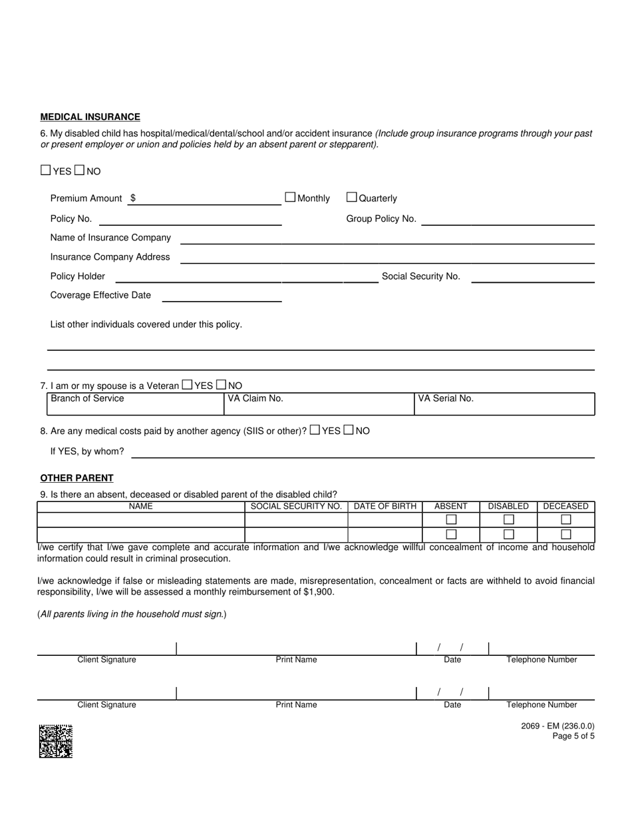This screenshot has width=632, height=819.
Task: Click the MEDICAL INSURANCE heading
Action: [90, 117]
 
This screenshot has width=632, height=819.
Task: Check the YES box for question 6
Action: [45, 170]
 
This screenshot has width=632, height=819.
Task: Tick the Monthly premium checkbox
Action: [290, 197]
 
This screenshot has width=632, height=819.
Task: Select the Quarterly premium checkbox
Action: [352, 197]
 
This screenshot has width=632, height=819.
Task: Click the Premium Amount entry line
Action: [206, 200]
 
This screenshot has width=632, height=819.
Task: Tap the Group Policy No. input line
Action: [508, 220]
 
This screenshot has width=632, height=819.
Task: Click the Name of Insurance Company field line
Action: [387, 239]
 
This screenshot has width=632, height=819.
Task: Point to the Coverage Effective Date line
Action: [222, 297]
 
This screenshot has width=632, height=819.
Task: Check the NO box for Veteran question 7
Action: [222, 385]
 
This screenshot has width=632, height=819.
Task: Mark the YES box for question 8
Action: [315, 430]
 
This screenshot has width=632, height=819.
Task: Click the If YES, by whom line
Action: [363, 453]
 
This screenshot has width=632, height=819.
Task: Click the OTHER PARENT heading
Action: [77, 478]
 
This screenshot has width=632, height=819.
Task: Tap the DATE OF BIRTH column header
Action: [385, 507]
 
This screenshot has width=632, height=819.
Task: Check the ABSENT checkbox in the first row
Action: [451, 519]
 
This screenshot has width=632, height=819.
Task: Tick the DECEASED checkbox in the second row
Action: [566, 534]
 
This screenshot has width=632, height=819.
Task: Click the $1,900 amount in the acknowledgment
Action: [320, 592]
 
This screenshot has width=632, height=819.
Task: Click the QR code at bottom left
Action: [55, 741]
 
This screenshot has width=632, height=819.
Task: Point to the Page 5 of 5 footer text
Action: [573, 736]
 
